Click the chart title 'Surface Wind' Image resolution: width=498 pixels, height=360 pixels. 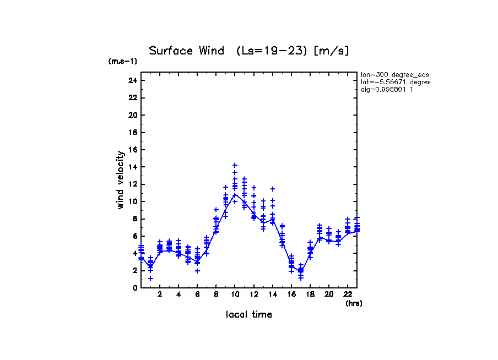coord(187,51)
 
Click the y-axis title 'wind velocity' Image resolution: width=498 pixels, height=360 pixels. coord(120,180)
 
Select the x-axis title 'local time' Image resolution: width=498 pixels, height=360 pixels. coord(248,315)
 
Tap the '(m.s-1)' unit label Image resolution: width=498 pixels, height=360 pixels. coord(122,62)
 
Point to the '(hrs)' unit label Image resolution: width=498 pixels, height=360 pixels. coord(354,303)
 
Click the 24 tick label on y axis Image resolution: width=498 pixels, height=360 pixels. coord(132,80)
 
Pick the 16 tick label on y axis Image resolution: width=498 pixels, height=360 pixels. coord(132,150)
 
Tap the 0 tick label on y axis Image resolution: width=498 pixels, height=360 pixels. coord(134,288)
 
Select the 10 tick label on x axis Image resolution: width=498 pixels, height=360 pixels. coord(235,294)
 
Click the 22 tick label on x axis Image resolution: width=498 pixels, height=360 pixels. coord(348,294)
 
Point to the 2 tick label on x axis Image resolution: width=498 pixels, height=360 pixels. coord(160,294)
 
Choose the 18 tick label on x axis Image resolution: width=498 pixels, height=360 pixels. coord(310,294)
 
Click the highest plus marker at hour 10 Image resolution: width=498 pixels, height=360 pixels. coord(235,165)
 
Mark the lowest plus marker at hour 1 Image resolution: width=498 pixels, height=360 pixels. coord(150,279)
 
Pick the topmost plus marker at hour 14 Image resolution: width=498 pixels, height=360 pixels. coord(273,189)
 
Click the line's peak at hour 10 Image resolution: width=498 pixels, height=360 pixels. coord(235,194)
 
